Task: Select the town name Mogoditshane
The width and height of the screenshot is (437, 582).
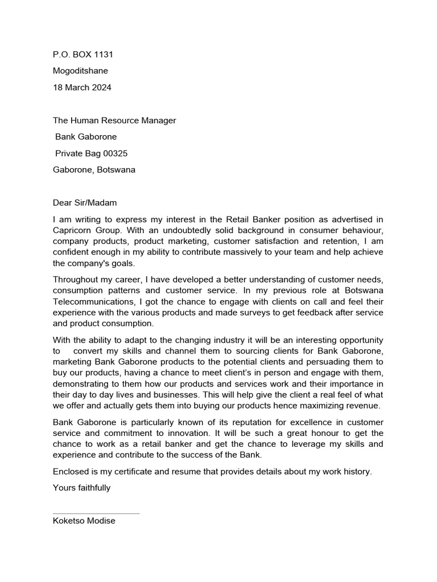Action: pos(80,71)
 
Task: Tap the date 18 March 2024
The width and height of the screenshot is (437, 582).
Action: pos(82,88)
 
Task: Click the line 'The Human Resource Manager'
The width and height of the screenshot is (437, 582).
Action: pos(114,120)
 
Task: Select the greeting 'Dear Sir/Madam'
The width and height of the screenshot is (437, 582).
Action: pos(84,202)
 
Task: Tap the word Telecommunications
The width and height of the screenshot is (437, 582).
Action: pos(93,302)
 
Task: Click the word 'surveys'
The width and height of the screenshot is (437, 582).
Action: pos(278,313)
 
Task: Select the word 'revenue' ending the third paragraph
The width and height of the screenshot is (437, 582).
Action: pos(362,405)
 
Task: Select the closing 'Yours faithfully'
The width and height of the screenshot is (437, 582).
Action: pos(81,487)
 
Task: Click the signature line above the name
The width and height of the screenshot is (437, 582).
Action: pos(96,514)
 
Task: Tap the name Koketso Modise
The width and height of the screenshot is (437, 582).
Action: pos(84,521)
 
